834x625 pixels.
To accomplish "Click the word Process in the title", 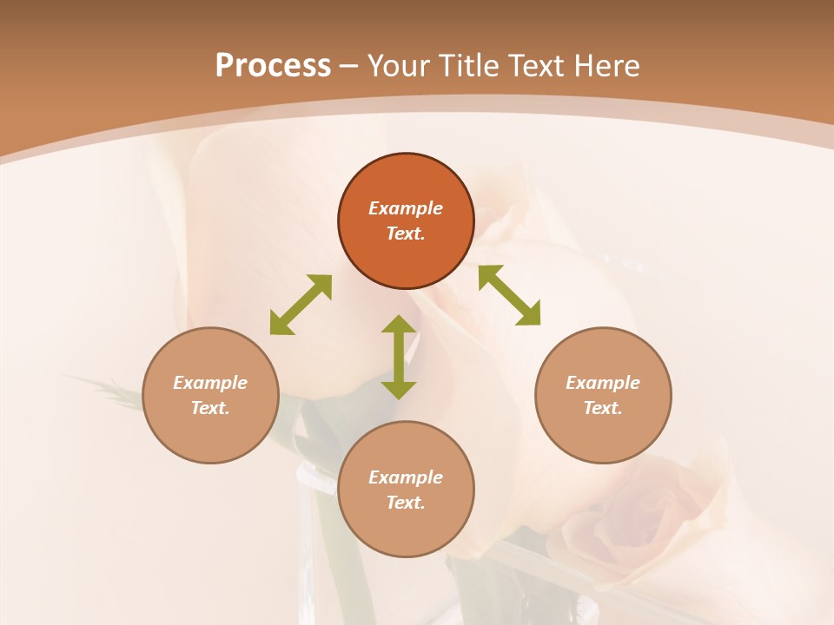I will click(x=273, y=66).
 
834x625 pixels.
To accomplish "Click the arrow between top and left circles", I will click(x=301, y=305).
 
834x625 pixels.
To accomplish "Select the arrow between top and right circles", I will click(x=509, y=295).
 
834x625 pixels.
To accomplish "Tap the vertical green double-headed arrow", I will click(x=399, y=357).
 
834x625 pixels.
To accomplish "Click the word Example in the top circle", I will click(x=406, y=208).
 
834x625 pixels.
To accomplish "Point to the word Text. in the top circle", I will click(x=406, y=234).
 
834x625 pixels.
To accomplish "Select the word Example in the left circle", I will click(x=210, y=383).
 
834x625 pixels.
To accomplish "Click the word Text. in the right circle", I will click(x=603, y=408).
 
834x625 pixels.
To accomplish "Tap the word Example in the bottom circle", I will click(x=406, y=477).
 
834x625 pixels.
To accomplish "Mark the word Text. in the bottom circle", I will click(x=406, y=503).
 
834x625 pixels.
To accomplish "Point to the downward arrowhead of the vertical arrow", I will click(x=399, y=390).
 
